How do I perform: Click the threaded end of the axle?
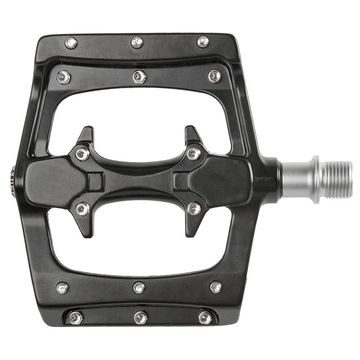point(337,180)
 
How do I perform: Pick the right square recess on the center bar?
point(180,181)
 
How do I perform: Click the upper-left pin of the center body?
point(82,154)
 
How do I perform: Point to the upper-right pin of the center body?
point(194,153)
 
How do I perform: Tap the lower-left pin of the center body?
point(82,208)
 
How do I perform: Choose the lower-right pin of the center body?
point(194,208)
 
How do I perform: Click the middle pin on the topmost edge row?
point(137,42)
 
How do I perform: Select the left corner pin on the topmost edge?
point(71,43)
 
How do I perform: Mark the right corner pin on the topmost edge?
point(203,42)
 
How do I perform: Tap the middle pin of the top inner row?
point(139,76)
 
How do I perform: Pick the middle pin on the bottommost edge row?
point(140,318)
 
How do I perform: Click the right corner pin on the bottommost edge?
point(205,317)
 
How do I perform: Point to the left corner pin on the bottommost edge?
point(76,318)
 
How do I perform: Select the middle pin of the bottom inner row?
point(139,287)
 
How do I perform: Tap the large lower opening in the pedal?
point(139,245)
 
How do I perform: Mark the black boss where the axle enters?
point(270,179)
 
